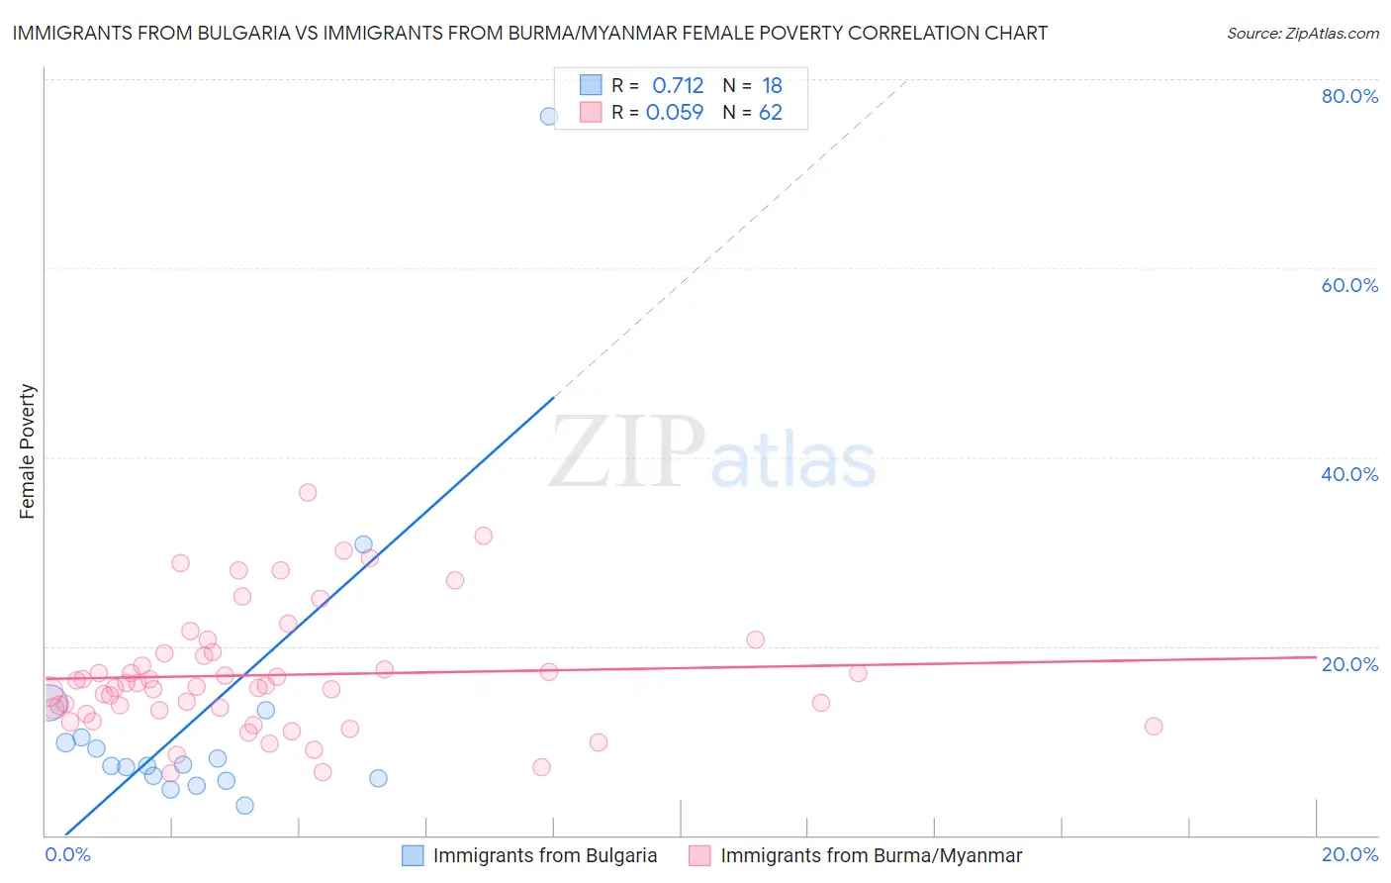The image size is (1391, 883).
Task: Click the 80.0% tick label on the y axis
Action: (1349, 96)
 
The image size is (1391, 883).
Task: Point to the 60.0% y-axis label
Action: (1349, 285)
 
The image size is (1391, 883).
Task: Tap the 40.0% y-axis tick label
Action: (1349, 474)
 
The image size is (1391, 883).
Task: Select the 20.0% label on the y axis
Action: (1349, 664)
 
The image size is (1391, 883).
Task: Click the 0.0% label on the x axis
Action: (67, 854)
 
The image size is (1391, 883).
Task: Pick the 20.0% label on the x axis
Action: (1349, 854)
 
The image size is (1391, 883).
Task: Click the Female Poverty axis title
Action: (28, 451)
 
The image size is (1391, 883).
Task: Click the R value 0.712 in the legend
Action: (678, 86)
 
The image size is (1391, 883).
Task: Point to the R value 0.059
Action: (675, 113)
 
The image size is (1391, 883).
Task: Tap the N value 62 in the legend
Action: (771, 113)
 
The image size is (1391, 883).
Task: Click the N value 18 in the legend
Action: (772, 86)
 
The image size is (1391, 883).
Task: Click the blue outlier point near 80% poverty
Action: (548, 116)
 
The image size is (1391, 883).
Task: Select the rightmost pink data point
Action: (1154, 727)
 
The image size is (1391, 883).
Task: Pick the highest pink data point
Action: (308, 492)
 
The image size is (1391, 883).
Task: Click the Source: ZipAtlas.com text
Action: (1302, 34)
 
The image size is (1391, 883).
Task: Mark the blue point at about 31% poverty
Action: (364, 544)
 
